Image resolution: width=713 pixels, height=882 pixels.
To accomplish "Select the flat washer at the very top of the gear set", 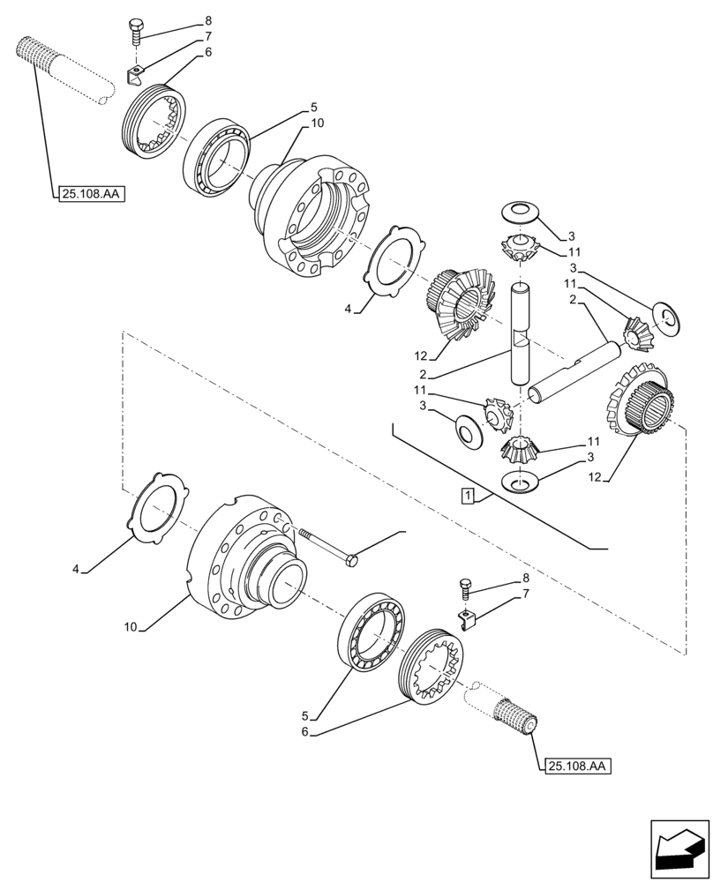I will (519, 212).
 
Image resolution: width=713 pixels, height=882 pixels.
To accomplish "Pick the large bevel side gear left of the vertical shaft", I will (459, 304).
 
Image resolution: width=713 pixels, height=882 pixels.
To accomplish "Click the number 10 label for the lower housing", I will (131, 628).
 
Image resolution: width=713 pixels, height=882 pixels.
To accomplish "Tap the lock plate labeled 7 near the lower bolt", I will (469, 617).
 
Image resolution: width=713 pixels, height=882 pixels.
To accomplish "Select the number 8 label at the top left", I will (208, 19).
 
